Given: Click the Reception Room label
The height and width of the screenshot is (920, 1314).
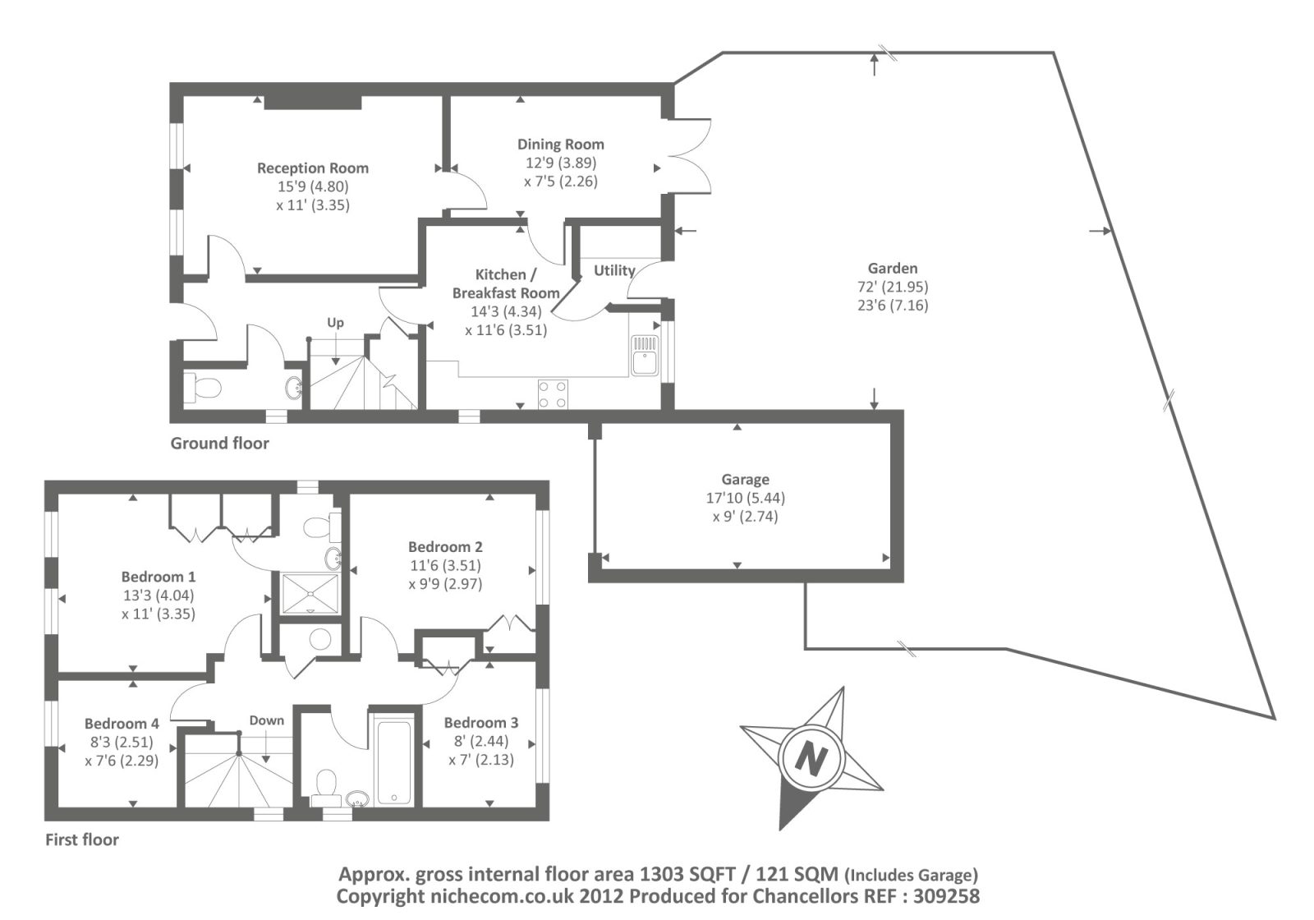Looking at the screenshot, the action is point(312,168).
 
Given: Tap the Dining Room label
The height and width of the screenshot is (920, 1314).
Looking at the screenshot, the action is point(560,145).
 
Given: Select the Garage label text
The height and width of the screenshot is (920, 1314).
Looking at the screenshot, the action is point(745,480).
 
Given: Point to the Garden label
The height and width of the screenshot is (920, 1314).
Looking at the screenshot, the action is point(892,269).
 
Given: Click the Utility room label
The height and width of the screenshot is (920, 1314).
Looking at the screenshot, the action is point(614,270).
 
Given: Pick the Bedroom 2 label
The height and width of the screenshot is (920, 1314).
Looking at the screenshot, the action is point(445,547).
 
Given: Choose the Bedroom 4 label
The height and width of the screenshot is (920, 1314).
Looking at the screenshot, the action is point(122,724).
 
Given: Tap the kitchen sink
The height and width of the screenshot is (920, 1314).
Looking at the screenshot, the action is point(645,355).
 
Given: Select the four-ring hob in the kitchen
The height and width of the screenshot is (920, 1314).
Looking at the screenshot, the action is point(552,393).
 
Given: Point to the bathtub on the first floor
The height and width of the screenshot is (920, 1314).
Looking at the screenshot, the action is point(393,763).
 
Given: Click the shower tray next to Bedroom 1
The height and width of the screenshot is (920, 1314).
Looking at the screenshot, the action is point(310,593).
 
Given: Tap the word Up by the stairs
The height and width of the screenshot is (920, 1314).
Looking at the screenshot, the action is point(335,323).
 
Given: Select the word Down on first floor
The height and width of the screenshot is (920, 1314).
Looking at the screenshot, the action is point(266,720).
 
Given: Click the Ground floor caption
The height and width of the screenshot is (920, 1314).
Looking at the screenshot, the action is point(219,444).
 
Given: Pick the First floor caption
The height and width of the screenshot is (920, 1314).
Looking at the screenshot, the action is point(81,839).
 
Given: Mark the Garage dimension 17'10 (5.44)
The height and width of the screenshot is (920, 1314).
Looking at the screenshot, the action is point(745,499).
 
